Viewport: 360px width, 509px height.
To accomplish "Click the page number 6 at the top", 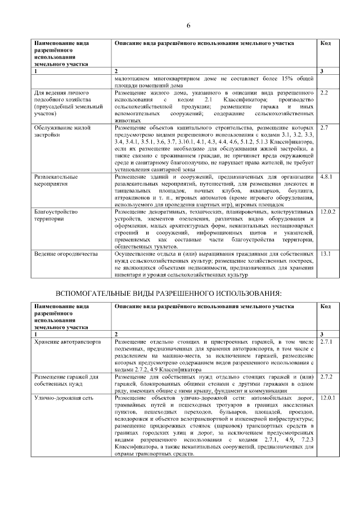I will (188, 26).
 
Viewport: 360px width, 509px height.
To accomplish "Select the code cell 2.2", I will (324, 92).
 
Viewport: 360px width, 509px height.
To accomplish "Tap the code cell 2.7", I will (324, 127).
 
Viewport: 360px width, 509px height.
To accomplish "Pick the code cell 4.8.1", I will (327, 177).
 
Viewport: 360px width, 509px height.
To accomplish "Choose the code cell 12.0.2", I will (328, 211).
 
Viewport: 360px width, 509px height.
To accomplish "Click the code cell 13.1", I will (325, 254).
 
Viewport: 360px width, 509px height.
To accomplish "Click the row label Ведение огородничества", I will (62, 254).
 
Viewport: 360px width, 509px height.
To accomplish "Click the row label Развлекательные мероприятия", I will (58, 180).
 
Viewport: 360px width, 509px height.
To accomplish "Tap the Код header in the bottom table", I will (325, 306).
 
